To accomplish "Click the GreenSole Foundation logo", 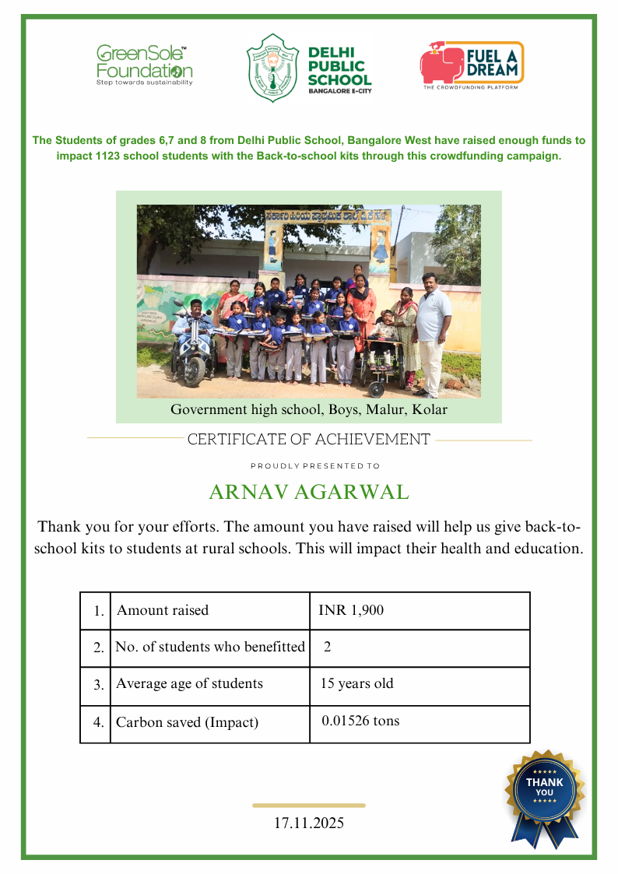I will point(144,65).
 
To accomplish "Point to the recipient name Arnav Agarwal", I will point(309,493).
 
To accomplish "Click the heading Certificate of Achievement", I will point(309,440).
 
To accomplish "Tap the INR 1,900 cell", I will point(351,610).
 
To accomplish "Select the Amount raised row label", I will point(163,610).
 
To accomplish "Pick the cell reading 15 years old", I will point(357,684).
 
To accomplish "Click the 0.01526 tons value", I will point(360,721).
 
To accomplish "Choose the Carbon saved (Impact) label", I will point(187,722).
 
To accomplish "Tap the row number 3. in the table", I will point(99,686).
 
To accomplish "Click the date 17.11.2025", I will point(309,823).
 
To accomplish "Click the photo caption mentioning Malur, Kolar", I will point(309,409).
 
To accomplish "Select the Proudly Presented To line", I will point(315,466).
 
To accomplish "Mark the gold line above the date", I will point(309,806).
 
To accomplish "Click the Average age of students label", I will point(189,684).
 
